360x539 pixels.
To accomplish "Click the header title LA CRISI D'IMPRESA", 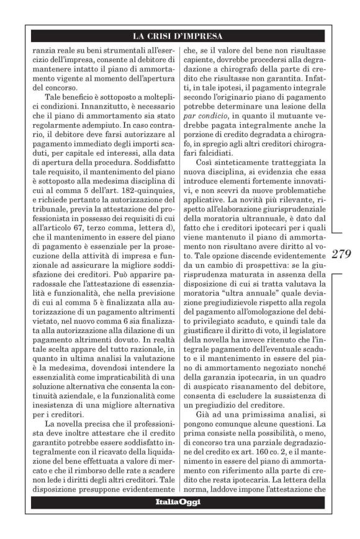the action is point(180,35).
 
